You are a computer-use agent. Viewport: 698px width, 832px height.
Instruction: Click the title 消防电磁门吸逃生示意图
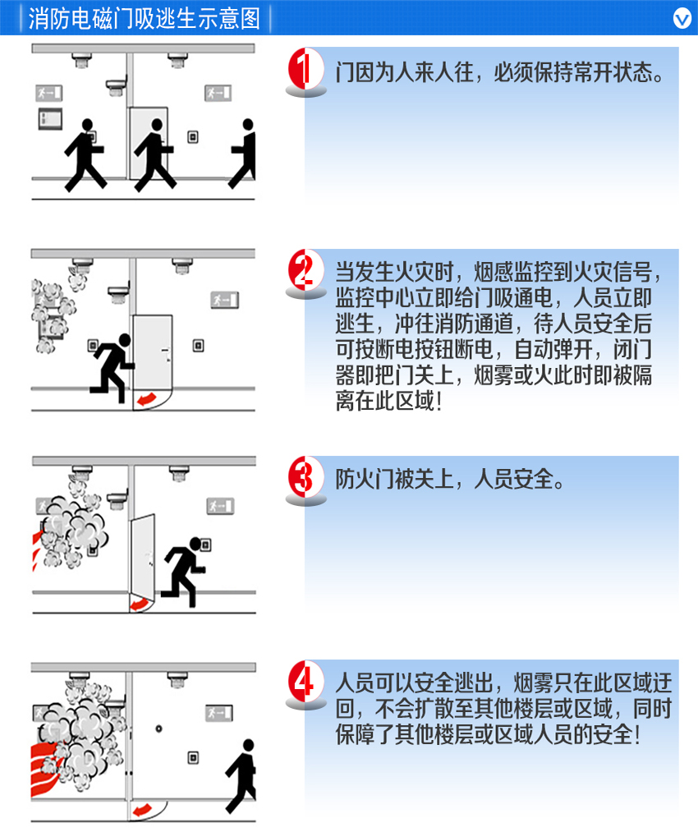click(145, 19)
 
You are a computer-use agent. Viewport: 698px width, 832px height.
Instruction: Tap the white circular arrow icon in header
click(682, 19)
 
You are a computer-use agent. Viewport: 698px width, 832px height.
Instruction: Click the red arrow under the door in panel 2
click(146, 399)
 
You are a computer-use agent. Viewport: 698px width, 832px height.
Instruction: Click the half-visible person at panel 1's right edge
click(244, 154)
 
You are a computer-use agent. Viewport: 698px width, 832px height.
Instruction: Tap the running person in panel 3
click(183, 572)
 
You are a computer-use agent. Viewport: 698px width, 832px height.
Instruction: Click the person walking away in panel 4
click(242, 776)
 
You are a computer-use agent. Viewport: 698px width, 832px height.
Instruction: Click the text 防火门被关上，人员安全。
click(450, 479)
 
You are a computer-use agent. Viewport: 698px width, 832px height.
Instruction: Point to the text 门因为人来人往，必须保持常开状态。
click(499, 72)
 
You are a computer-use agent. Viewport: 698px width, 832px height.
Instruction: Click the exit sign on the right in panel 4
click(219, 713)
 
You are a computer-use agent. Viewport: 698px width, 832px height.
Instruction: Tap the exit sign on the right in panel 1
click(218, 94)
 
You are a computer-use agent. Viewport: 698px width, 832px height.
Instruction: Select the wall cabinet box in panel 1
click(50, 119)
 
